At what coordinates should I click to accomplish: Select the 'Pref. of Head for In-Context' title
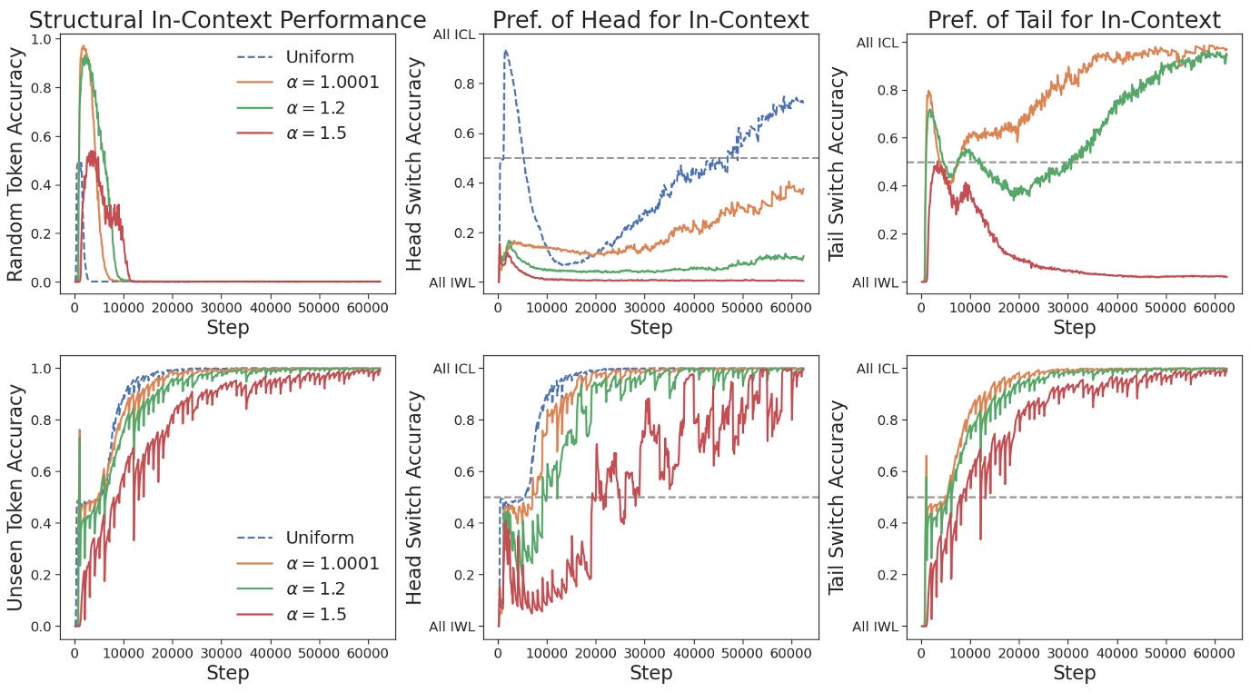click(x=650, y=20)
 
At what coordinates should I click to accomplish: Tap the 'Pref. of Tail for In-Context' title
click(x=1074, y=20)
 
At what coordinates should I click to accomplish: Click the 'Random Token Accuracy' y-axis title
click(x=15, y=161)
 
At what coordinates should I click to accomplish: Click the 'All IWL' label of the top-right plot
click(x=876, y=282)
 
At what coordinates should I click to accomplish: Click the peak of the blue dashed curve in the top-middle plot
click(x=506, y=52)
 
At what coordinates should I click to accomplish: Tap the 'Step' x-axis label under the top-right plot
click(x=1074, y=327)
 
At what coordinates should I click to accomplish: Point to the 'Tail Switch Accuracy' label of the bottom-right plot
click(x=838, y=497)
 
